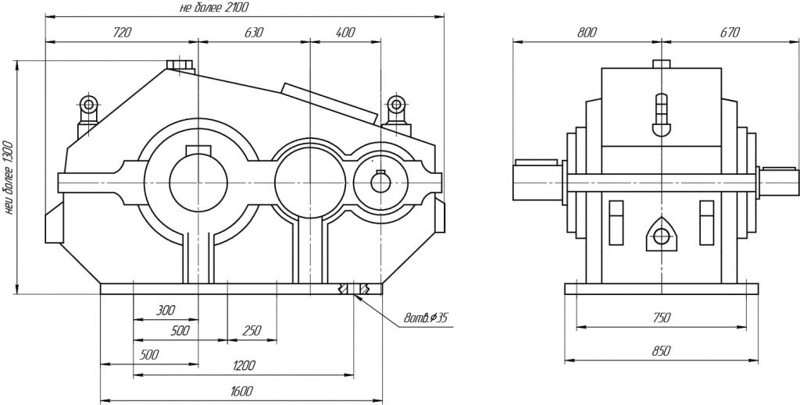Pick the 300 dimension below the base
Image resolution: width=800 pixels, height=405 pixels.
[165, 311]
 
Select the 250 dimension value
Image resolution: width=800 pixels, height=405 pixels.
[252, 331]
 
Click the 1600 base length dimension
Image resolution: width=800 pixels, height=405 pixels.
[241, 391]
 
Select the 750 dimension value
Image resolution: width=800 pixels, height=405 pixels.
[662, 318]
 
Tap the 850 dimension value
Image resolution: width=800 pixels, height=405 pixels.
[662, 352]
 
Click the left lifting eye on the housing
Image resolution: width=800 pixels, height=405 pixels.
[87, 105]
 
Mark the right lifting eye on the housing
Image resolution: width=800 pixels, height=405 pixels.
[396, 105]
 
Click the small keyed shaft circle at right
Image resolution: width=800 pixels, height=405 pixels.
[380, 181]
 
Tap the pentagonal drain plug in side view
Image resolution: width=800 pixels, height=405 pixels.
[661, 236]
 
